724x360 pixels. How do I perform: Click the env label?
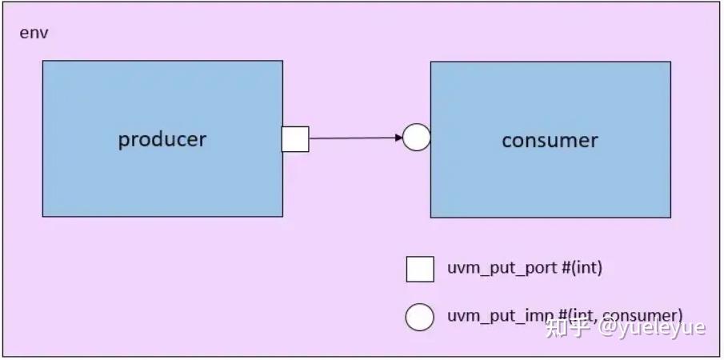tap(34, 34)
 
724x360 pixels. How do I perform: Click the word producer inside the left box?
tap(162, 139)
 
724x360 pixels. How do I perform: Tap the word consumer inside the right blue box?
tap(550, 141)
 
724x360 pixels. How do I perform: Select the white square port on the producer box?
tap(295, 139)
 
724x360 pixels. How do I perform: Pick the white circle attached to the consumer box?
tap(416, 138)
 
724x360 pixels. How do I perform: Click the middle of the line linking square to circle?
tap(354, 138)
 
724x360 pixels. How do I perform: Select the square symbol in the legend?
tap(420, 269)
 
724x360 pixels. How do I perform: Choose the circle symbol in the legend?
tap(420, 316)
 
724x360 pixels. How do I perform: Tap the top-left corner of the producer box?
tap(43, 62)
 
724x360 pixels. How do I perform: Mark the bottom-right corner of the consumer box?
tap(670, 217)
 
